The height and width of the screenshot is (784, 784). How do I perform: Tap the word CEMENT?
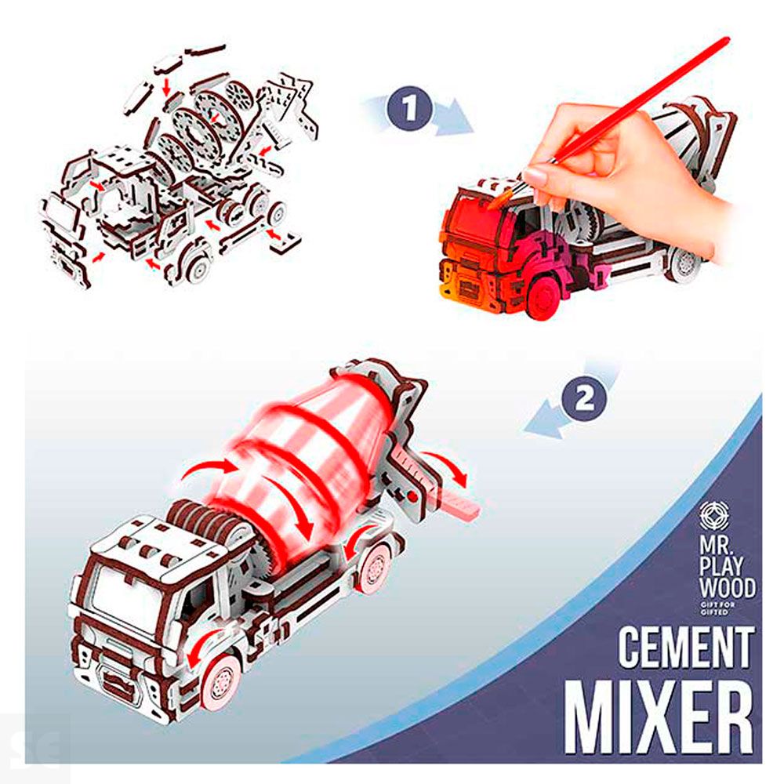click(686, 648)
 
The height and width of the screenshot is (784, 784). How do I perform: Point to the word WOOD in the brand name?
click(727, 588)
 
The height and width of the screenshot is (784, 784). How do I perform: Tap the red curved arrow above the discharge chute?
click(444, 465)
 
